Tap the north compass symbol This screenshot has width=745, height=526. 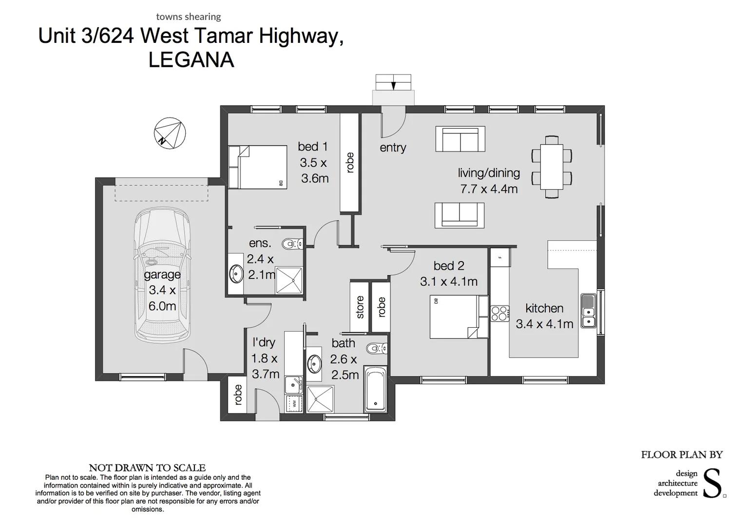(x=170, y=133)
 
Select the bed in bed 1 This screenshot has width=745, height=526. (x=257, y=167)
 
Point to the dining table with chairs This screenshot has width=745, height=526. (x=552, y=167)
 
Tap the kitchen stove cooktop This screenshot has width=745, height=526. (x=499, y=313)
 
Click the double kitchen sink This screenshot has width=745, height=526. (x=588, y=310)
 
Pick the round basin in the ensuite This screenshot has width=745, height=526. (x=236, y=274)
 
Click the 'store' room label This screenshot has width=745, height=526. (x=360, y=307)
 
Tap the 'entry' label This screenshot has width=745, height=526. (x=393, y=148)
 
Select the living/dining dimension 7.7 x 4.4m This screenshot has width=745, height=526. (x=489, y=189)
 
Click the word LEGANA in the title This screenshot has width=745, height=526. (x=191, y=60)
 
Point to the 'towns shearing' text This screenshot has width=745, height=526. (x=188, y=17)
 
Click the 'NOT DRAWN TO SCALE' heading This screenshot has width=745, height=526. (x=147, y=468)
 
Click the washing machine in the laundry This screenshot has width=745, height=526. (x=294, y=403)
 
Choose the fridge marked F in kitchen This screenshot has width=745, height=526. (x=499, y=257)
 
